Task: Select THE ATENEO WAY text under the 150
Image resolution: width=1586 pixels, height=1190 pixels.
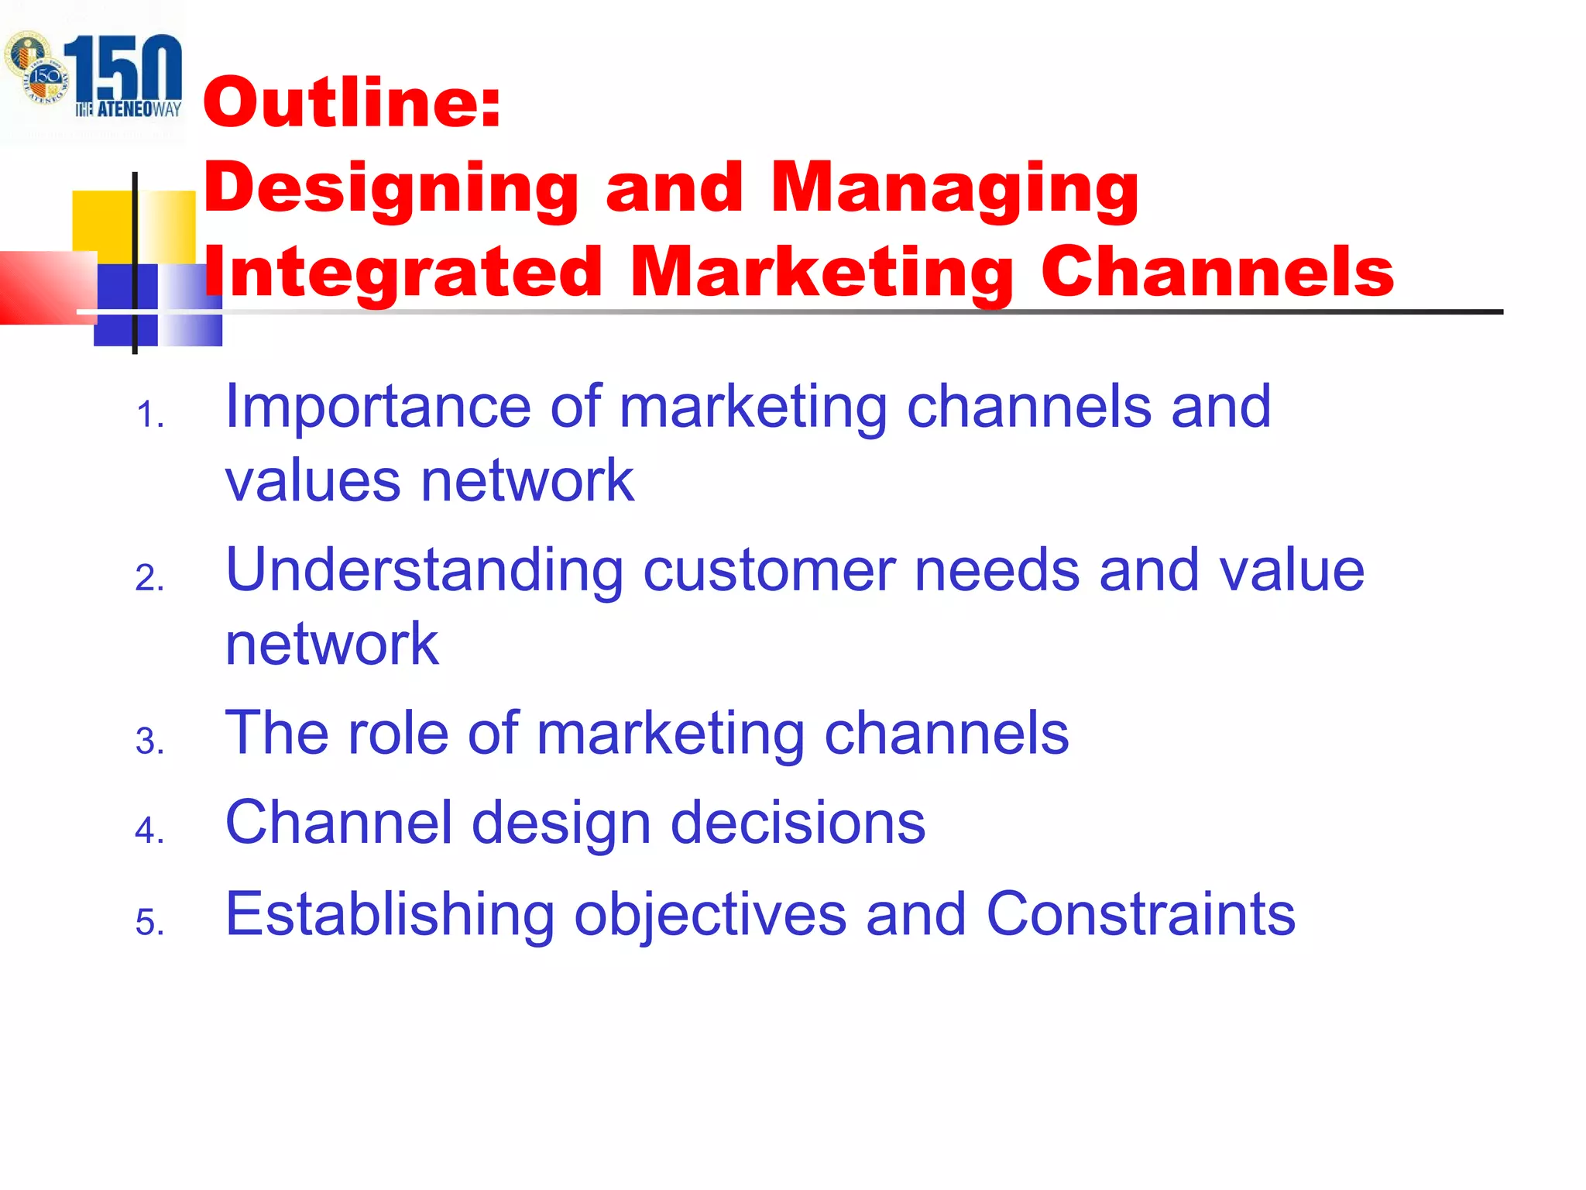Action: (129, 109)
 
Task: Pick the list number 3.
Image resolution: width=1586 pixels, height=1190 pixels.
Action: (149, 741)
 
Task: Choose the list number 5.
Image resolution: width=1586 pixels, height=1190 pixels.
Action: (149, 923)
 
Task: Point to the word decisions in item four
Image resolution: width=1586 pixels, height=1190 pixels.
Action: (798, 823)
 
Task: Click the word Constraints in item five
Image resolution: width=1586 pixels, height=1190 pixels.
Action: (1140, 914)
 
